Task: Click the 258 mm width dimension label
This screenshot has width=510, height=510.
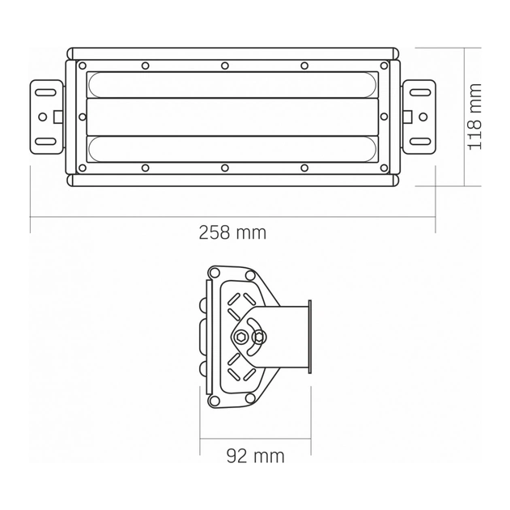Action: coord(232,232)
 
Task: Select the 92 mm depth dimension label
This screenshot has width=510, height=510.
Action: coord(255,456)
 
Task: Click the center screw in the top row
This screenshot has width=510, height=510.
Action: coord(225,66)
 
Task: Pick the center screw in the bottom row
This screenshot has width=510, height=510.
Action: coord(225,168)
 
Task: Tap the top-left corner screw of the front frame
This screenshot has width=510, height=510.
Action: coord(82,66)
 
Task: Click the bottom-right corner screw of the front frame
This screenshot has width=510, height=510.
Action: coord(384,168)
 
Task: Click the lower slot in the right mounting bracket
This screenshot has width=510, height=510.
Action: coord(419,142)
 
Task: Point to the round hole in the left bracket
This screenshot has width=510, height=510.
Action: coord(43,117)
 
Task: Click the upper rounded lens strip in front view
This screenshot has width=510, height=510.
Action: coord(232,84)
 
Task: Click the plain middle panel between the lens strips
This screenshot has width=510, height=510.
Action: coord(232,117)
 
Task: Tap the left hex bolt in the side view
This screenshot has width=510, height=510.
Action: coord(243,337)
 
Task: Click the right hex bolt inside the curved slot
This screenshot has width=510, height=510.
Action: coord(260,337)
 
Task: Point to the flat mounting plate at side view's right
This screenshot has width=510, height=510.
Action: coord(309,337)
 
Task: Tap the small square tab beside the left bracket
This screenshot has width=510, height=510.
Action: coord(58,117)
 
